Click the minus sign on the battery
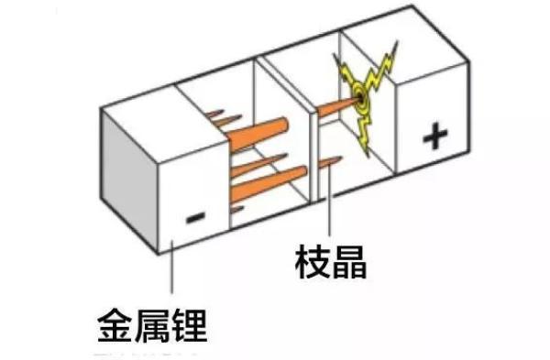click(x=195, y=218)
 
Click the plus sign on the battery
click(x=435, y=138)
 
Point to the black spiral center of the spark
click(x=365, y=93)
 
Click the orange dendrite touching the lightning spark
click(x=339, y=108)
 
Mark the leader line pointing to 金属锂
click(x=171, y=275)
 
